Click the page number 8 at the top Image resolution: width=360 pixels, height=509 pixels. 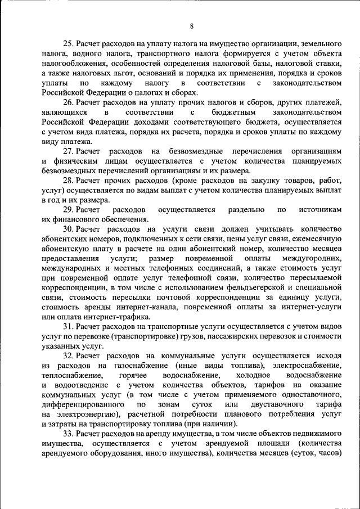pos(192,26)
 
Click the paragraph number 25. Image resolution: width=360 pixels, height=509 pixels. pos(68,43)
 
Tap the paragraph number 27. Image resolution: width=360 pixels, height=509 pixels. pos(68,152)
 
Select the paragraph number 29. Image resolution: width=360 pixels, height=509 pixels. pos(68,210)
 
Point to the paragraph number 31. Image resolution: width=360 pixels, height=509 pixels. pos(68,326)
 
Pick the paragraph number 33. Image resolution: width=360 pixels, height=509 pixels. pos(68,434)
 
